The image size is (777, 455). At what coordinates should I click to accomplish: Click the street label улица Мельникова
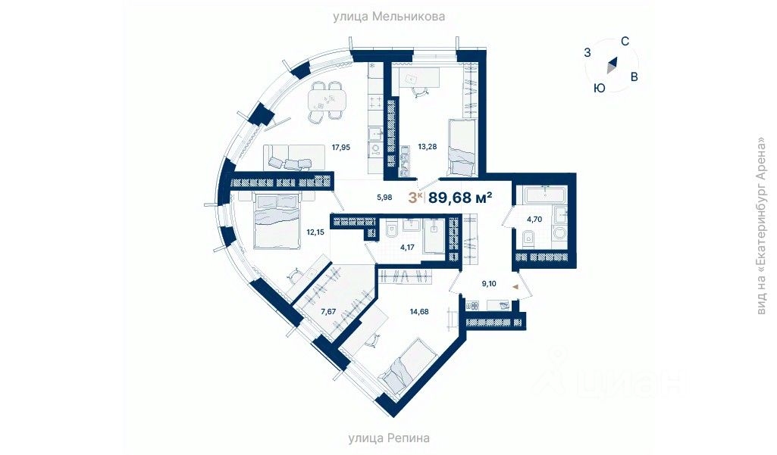click(388, 16)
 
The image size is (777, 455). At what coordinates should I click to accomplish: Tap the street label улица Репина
click(389, 438)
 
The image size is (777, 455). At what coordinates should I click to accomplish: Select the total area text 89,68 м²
click(460, 198)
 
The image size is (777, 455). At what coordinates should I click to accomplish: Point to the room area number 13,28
click(428, 147)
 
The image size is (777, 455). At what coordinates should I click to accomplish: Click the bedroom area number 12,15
click(315, 232)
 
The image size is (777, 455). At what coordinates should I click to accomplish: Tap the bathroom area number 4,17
click(396, 247)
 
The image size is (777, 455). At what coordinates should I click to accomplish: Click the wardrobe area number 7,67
click(328, 310)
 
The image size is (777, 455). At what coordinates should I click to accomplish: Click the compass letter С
click(625, 42)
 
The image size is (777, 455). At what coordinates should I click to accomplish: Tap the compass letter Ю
click(599, 88)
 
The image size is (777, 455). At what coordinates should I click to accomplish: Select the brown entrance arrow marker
click(515, 287)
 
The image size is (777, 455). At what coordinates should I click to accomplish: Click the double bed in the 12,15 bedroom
click(274, 220)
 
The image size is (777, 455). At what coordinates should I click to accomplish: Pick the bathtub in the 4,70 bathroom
click(544, 195)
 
